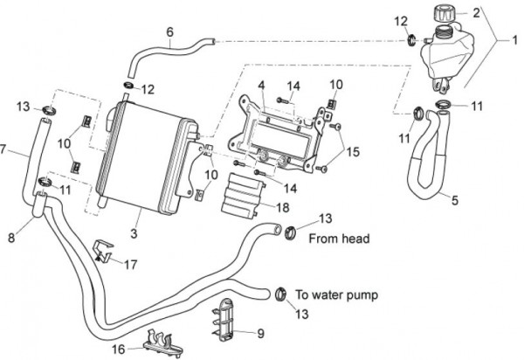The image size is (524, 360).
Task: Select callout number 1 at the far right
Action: tap(515, 38)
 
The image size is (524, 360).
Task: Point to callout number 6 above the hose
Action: tap(169, 32)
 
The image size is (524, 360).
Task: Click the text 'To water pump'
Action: tap(335, 295)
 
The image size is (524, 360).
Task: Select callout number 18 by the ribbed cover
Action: tap(282, 206)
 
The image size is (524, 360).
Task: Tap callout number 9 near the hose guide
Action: tap(259, 332)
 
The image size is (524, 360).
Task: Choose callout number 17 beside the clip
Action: tap(131, 262)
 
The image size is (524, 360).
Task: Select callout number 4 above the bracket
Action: tap(260, 84)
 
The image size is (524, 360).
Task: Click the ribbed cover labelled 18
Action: tap(247, 193)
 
